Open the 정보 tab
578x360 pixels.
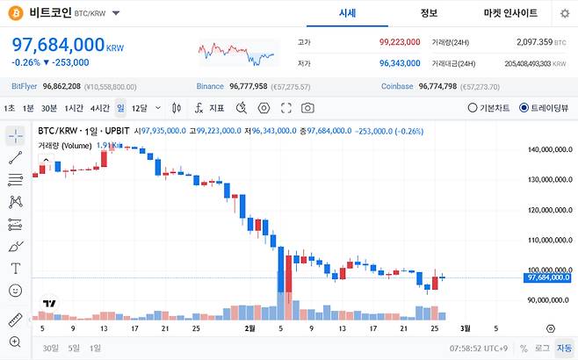click(429, 13)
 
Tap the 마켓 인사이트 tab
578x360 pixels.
click(512, 13)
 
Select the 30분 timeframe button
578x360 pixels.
click(49, 108)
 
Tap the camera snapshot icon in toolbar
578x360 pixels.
click(307, 108)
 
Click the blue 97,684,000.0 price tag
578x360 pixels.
click(549, 277)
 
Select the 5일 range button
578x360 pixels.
click(74, 349)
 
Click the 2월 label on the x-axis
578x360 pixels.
click(250, 328)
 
